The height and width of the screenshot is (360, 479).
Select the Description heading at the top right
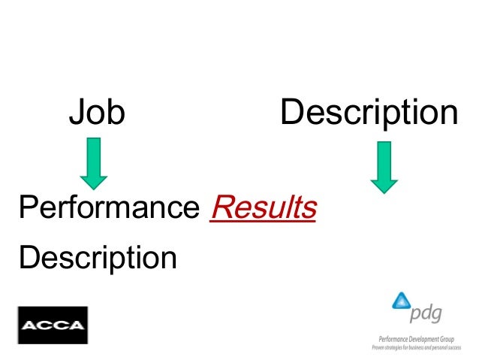pyautogui.click(x=369, y=114)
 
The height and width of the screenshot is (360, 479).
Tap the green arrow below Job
pyautogui.click(x=94, y=162)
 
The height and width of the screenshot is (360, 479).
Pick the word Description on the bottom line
pyautogui.click(x=98, y=258)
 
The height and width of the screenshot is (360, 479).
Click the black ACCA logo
pyautogui.click(x=53, y=325)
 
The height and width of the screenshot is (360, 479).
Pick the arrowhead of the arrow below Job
pyautogui.click(x=94, y=180)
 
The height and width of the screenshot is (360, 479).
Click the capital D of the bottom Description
pyautogui.click(x=29, y=258)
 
